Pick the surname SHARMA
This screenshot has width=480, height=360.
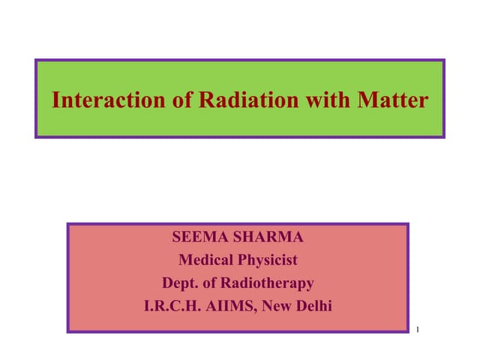[x=267, y=238]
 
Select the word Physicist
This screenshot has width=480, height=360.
[x=268, y=260]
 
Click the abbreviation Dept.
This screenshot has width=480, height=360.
[x=180, y=283]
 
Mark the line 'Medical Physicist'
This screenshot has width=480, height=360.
[x=238, y=260]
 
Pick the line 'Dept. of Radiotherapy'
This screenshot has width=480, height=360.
[x=238, y=283]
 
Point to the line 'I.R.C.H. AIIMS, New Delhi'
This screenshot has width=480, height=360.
[x=238, y=305]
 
